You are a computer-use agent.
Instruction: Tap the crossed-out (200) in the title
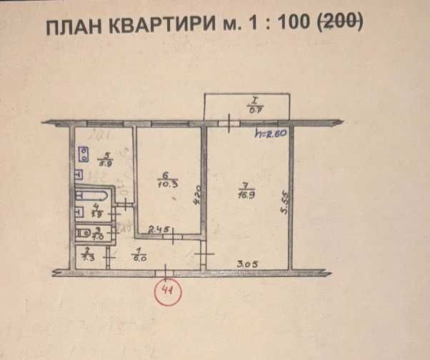339,25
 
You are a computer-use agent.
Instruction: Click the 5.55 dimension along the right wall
284,202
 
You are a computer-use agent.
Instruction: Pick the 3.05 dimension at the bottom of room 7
247,264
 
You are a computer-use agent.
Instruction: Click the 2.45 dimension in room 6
158,229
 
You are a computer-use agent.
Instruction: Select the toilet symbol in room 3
85,231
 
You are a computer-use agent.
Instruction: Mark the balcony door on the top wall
228,123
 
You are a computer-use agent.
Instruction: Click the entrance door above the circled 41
166,270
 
